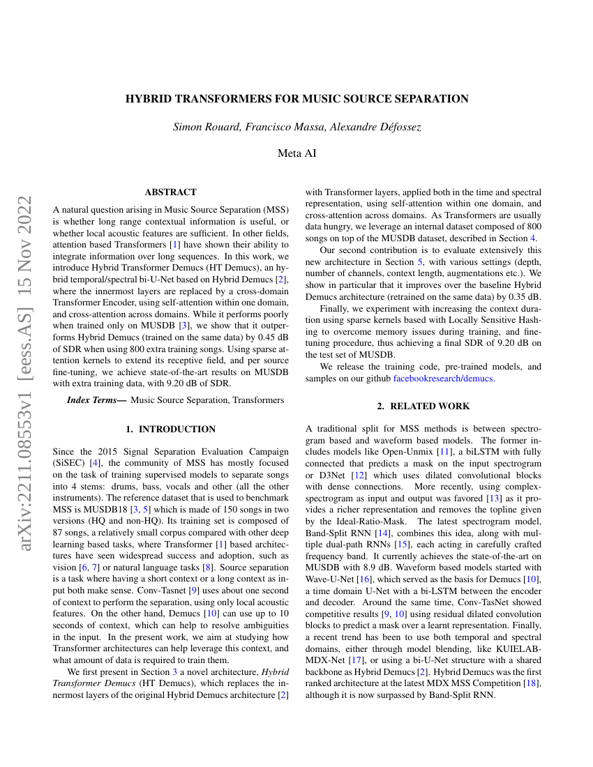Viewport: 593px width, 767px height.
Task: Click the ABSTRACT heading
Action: [170, 192]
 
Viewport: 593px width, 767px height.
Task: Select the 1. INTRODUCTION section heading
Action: [170, 429]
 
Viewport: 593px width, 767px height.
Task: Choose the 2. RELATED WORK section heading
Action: [423, 406]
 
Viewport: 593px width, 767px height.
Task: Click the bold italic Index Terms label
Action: [96, 400]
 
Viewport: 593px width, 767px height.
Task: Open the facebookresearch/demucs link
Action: [444, 378]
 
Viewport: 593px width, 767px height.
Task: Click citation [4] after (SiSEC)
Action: [94, 462]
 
